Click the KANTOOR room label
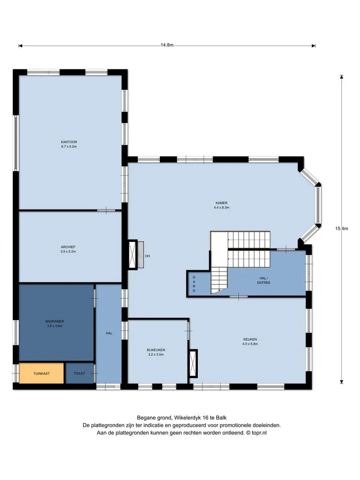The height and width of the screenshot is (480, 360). point(69,142)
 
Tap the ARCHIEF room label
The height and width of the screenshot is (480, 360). point(68,247)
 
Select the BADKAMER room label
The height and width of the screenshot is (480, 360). point(55,321)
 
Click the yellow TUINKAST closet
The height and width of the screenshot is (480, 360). point(41,373)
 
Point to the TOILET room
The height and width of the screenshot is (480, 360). point(80,373)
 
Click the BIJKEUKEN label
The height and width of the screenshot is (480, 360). point(156,350)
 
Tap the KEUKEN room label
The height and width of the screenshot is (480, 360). point(250,339)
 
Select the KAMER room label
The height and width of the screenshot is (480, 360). point(221,203)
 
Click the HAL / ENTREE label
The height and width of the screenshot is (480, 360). point(264,280)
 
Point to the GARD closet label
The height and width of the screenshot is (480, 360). point(194,284)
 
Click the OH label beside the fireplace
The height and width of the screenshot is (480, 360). point(147,256)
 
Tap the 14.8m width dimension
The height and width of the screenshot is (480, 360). point(167,45)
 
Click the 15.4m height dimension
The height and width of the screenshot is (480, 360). point(341,228)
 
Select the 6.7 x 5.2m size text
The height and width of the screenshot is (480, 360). point(69,147)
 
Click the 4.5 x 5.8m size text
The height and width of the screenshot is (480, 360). point(250,344)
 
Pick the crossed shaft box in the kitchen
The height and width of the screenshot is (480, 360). point(193,364)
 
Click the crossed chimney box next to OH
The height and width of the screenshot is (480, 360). point(132,254)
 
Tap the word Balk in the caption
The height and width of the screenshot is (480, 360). point(221,417)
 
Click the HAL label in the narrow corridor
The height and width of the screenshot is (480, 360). point(109,333)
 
